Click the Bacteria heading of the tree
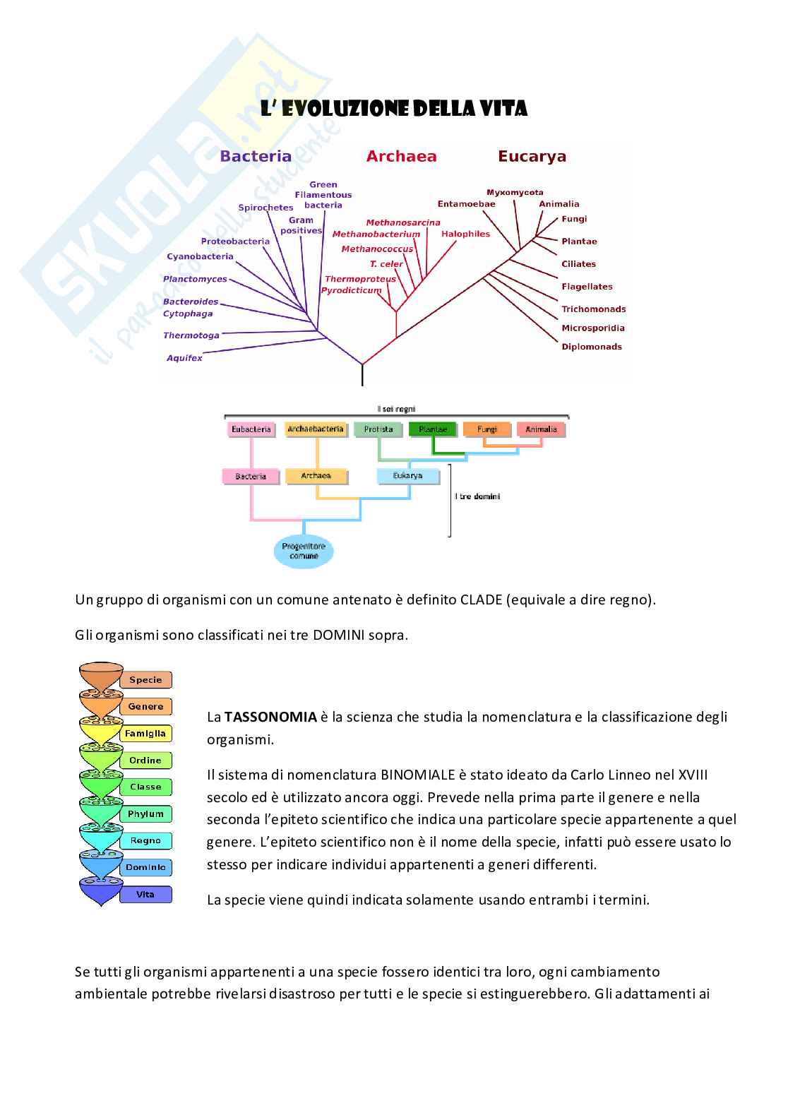(x=256, y=156)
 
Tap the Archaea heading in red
(x=401, y=156)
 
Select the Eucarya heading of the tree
(x=532, y=156)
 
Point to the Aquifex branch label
(x=184, y=358)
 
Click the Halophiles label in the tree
(x=465, y=234)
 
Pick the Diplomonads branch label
(x=592, y=347)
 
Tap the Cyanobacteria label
(x=200, y=256)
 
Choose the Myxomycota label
(x=515, y=192)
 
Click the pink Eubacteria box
(x=251, y=429)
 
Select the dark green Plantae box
(x=433, y=429)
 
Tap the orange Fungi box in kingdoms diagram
(x=487, y=429)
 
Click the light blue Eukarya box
(x=407, y=476)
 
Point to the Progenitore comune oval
(x=304, y=551)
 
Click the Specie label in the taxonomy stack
(x=145, y=680)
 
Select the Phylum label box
(x=145, y=814)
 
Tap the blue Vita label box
(x=145, y=895)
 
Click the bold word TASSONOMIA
(x=270, y=717)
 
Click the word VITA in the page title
(x=503, y=109)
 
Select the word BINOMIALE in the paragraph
(x=418, y=775)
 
